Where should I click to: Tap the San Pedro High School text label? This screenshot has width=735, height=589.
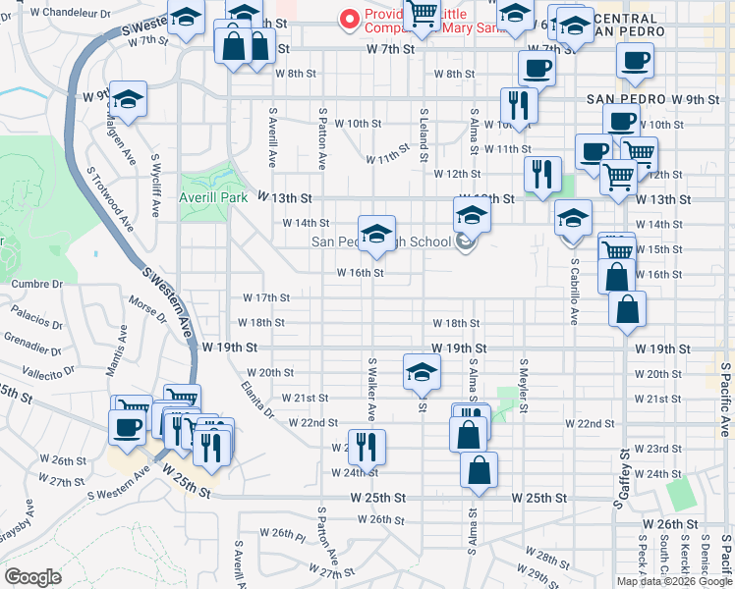click(381, 242)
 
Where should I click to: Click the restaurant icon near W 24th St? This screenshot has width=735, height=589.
click(367, 447)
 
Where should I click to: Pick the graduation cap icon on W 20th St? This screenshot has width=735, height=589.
click(421, 372)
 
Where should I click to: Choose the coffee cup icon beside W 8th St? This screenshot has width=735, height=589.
click(537, 68)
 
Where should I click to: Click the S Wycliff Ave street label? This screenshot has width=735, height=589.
click(155, 186)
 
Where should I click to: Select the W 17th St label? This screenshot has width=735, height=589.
click(266, 297)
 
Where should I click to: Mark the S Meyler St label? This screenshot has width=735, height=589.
click(525, 387)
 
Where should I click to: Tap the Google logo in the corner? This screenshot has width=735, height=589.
click(32, 576)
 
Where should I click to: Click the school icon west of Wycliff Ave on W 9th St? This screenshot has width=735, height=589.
click(127, 99)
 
